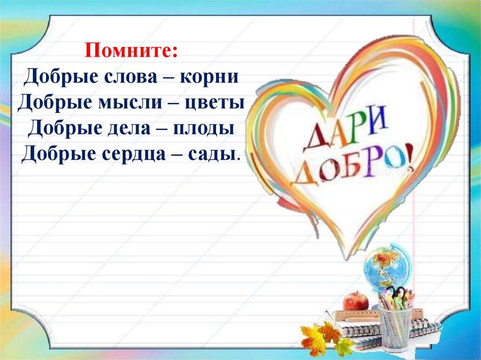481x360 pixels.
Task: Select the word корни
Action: point(209,77)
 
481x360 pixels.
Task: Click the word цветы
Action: point(214,103)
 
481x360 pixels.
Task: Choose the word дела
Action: point(129,129)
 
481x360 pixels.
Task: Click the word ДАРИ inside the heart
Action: point(345,131)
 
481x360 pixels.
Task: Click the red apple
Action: point(356,301)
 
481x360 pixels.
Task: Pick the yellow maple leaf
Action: point(313,339)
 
